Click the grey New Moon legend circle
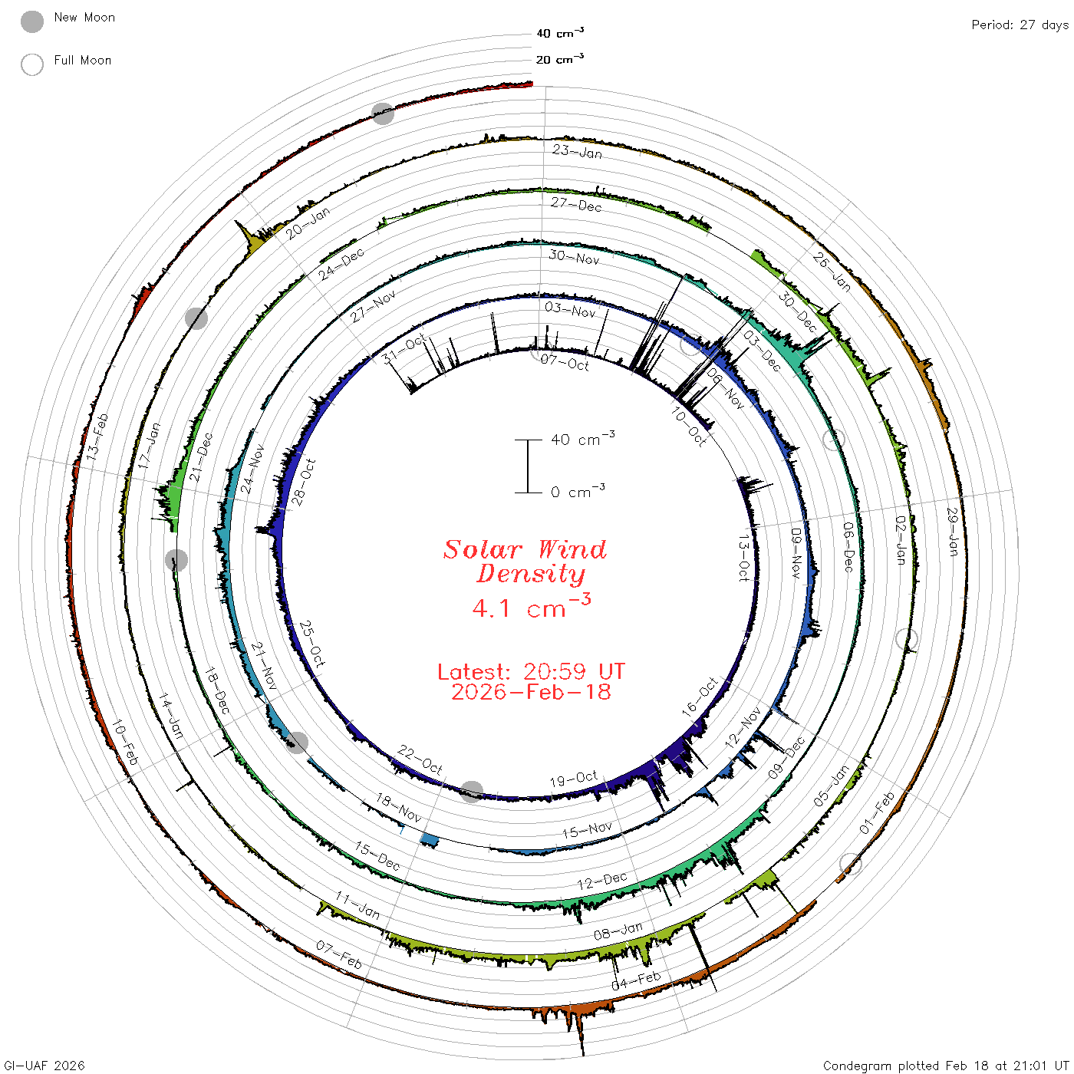pyautogui.click(x=32, y=21)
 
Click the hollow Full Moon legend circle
pyautogui.click(x=32, y=64)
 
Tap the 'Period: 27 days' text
pyautogui.click(x=1020, y=25)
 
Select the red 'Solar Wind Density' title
pyautogui.click(x=525, y=562)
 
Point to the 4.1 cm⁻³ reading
pyautogui.click(x=531, y=606)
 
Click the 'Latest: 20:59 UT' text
pyautogui.click(x=531, y=671)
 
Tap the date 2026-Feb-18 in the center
pyautogui.click(x=531, y=692)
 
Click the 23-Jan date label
pyautogui.click(x=577, y=151)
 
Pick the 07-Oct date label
pyautogui.click(x=565, y=363)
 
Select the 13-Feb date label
pyautogui.click(x=97, y=437)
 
